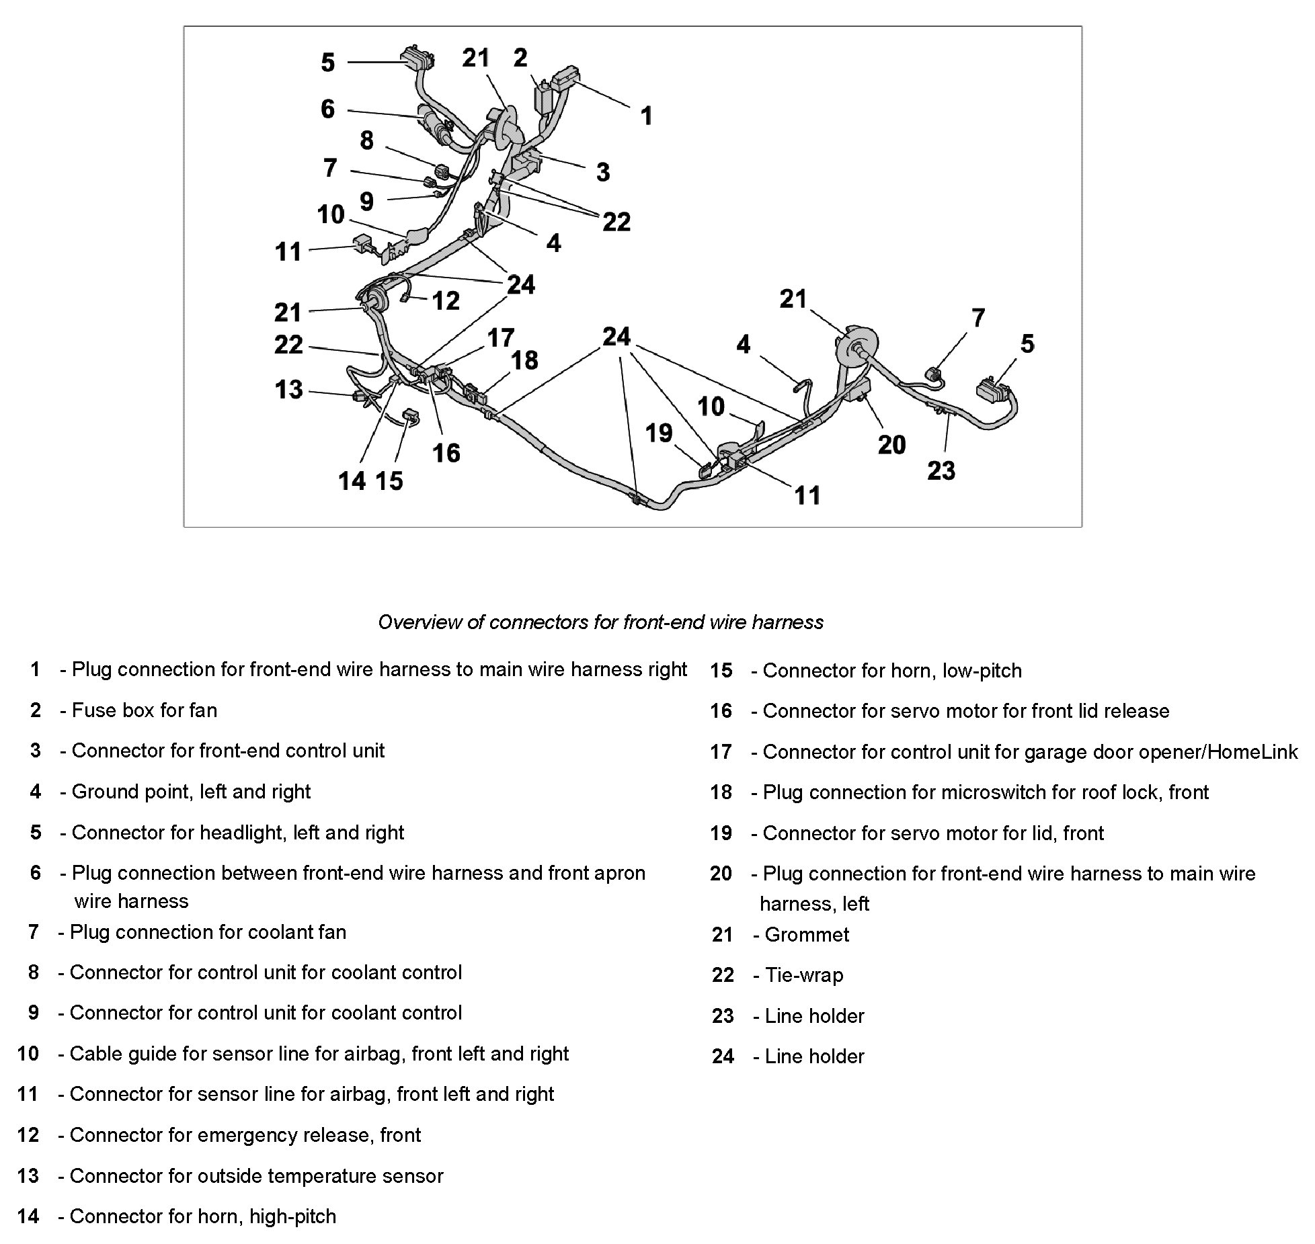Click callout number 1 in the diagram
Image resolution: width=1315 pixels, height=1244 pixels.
(x=646, y=116)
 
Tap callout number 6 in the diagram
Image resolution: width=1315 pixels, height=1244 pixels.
(x=327, y=109)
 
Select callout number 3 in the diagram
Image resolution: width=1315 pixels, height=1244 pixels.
(x=603, y=172)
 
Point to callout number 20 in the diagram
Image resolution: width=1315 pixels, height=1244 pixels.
(x=891, y=444)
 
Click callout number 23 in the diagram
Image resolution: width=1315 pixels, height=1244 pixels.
(x=941, y=470)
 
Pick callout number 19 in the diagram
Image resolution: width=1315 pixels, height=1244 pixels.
(x=659, y=433)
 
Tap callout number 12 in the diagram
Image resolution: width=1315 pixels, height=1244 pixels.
(x=446, y=300)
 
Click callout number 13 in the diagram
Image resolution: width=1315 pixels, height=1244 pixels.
(x=289, y=389)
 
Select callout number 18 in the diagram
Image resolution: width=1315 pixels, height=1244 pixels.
(x=524, y=360)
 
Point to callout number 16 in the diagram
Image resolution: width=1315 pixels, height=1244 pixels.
(x=446, y=453)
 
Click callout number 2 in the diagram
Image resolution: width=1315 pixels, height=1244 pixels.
(x=520, y=58)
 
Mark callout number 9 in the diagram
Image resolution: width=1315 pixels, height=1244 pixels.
(x=366, y=201)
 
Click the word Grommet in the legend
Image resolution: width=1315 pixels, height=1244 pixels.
(x=807, y=934)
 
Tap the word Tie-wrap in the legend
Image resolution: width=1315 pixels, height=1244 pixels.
(x=803, y=975)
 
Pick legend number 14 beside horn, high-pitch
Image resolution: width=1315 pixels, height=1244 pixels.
(x=28, y=1216)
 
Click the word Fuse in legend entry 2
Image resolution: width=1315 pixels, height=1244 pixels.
(x=88, y=710)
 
